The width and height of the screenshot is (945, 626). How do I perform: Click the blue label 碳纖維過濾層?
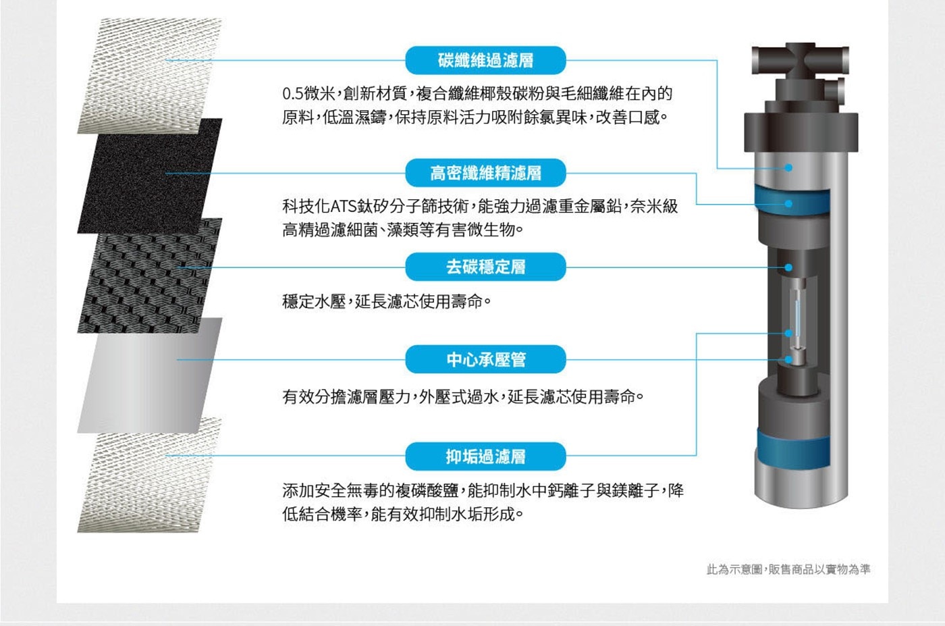(485, 60)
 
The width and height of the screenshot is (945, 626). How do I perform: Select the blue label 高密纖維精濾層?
(485, 173)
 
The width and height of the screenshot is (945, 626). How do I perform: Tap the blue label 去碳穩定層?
(485, 267)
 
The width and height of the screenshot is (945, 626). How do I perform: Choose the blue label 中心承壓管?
(485, 360)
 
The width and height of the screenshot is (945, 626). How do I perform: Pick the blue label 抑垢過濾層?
(485, 457)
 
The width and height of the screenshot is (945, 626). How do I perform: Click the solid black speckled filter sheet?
(150, 176)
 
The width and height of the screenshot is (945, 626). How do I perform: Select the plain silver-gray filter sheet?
(150, 375)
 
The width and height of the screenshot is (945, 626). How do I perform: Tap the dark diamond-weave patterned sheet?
(150, 276)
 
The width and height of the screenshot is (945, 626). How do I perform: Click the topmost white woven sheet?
(150, 76)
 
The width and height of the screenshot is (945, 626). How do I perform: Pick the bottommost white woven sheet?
(150, 475)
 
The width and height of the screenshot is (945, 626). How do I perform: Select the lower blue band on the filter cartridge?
(792, 449)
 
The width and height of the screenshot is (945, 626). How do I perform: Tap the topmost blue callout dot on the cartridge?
(788, 167)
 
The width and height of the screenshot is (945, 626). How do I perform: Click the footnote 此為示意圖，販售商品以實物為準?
(788, 569)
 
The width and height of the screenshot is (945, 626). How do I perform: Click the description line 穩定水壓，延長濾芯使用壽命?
(386, 301)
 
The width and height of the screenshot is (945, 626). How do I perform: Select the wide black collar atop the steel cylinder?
(801, 132)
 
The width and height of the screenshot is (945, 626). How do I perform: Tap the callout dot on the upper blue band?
(788, 204)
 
